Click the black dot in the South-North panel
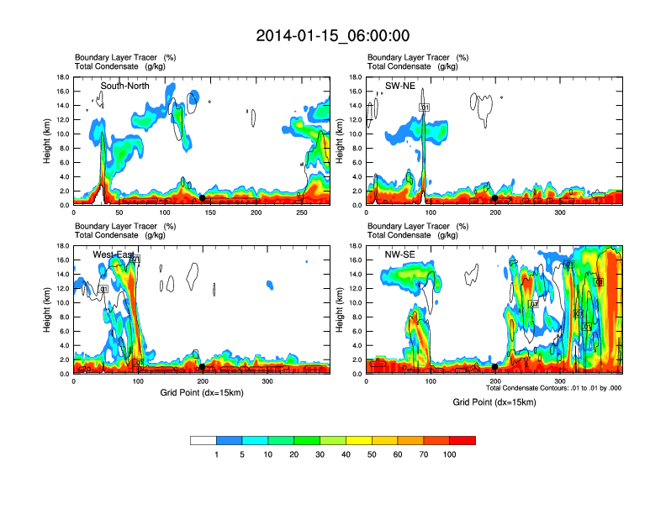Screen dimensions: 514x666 [202, 198]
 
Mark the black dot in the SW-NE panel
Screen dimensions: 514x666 [495, 198]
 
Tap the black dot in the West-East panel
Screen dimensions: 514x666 [202, 367]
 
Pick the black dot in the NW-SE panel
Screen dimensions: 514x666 [495, 367]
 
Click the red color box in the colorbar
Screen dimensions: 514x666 [462, 440]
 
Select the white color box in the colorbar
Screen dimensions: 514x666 [203, 440]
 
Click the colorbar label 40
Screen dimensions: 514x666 [346, 454]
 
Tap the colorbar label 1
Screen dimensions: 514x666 [216, 454]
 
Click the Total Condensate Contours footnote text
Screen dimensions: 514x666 [553, 388]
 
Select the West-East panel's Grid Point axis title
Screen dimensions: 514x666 [201, 392]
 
